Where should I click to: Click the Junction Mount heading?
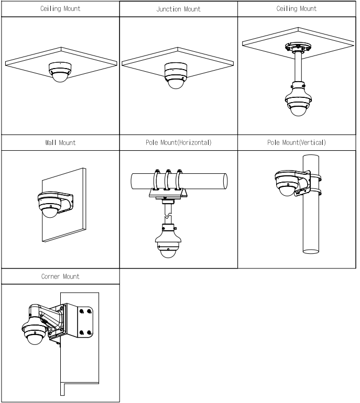tap(179, 9)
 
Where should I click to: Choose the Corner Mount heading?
tap(59, 276)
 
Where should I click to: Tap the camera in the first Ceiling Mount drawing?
tap(59, 71)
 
